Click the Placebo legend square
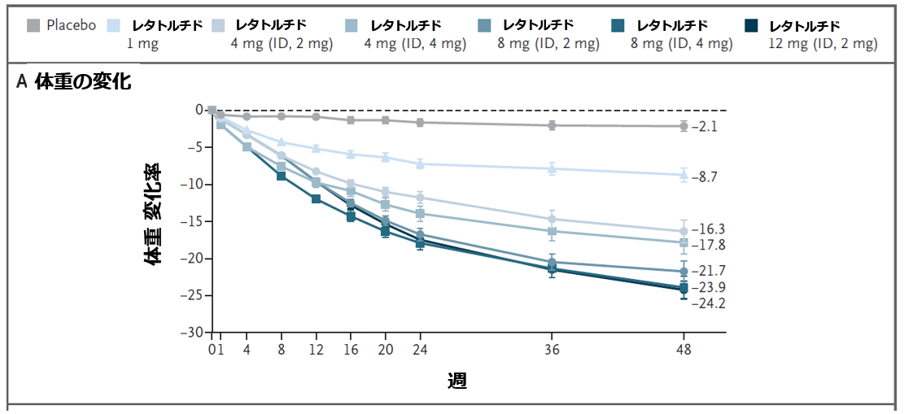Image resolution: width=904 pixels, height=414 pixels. point(33,25)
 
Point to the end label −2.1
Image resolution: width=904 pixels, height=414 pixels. point(703,127)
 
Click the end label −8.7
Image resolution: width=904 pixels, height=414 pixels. point(703,176)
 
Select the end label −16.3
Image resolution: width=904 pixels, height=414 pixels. point(706,229)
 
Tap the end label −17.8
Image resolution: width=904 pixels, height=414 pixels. point(706,245)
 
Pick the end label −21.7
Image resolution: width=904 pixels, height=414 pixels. point(706,270)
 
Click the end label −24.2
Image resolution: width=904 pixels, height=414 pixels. point(706,304)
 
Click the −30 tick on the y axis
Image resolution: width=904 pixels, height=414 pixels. point(192,333)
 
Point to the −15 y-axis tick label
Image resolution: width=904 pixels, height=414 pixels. point(192,221)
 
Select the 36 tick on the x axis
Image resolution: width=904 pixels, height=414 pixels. point(552,348)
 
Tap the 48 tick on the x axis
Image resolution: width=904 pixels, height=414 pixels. point(683,348)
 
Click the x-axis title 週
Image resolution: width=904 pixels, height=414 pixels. point(456,380)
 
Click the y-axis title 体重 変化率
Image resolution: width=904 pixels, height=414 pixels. point(152,214)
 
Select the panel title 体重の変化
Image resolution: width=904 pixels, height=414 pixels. point(82,81)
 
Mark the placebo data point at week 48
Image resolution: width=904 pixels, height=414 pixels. point(683,126)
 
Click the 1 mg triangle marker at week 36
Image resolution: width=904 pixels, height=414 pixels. point(552,169)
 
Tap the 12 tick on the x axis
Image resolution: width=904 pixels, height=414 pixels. point(316,348)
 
